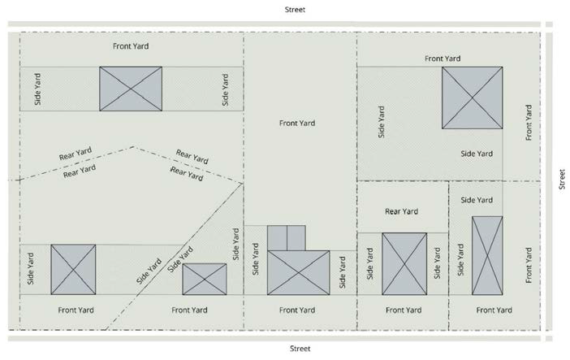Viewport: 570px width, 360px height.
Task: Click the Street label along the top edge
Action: point(296,10)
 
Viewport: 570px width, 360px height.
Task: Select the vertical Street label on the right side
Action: point(561,180)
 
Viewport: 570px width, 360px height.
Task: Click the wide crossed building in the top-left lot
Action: point(131,89)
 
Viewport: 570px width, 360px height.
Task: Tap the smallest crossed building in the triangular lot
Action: point(204,279)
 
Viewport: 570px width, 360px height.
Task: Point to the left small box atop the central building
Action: point(277,237)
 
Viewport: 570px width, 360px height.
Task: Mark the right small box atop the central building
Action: point(296,237)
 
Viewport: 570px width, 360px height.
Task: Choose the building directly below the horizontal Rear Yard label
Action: point(404,264)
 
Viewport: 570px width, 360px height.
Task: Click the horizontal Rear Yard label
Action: point(401,211)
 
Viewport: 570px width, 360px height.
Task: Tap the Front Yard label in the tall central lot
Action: point(296,124)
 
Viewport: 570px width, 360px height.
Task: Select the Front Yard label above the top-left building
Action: point(131,46)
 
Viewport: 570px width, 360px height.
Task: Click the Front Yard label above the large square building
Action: point(443,59)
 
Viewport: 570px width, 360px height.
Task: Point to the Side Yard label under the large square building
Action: point(477,154)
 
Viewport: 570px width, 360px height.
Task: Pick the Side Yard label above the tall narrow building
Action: point(476,200)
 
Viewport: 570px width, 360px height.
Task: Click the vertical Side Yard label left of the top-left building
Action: point(37,89)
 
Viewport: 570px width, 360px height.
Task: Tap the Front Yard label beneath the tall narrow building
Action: point(494,310)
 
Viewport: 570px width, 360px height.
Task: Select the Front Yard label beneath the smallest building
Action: point(191,310)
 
